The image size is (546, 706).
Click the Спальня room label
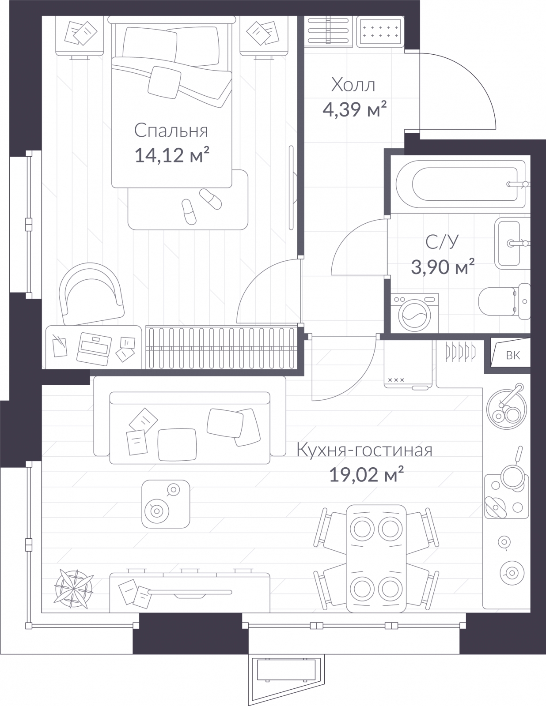coord(171,131)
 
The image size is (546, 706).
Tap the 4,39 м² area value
coord(354,109)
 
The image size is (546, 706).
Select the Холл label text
coord(353,85)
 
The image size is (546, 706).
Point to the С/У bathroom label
coord(442,242)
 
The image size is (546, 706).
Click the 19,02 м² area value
coord(367,475)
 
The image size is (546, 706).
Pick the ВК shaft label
coord(513,356)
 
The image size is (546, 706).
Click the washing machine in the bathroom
coord(414,313)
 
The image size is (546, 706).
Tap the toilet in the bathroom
coord(504,301)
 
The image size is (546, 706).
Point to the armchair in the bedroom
coord(91,294)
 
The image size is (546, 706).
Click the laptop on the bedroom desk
coord(94,349)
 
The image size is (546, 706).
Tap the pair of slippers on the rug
coord(201,206)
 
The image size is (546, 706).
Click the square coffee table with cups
coord(166,504)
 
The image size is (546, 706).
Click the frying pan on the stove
coord(513,470)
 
